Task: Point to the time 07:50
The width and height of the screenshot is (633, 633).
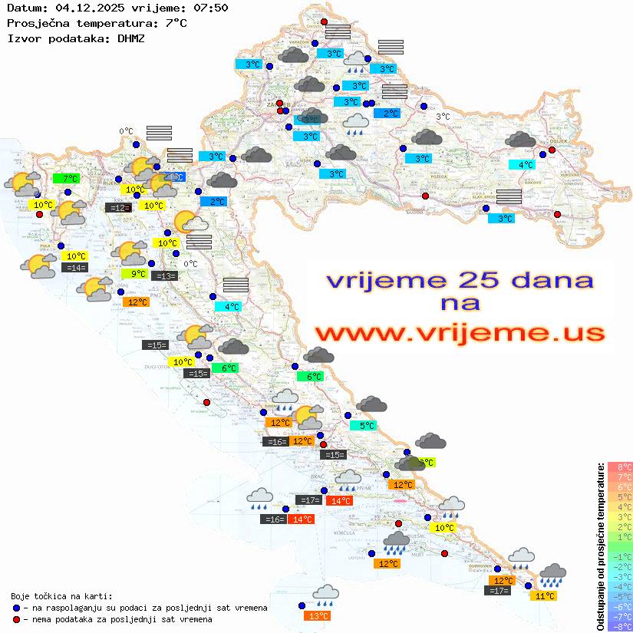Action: pyautogui.click(x=209, y=8)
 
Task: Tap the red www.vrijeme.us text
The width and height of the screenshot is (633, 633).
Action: pyautogui.click(x=460, y=332)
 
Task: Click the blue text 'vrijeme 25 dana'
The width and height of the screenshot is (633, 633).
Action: pyautogui.click(x=460, y=280)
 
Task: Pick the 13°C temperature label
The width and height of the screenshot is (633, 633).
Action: pyautogui.click(x=317, y=615)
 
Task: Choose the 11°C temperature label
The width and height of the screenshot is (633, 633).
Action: pyautogui.click(x=546, y=595)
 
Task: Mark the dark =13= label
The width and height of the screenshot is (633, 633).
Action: pyautogui.click(x=165, y=276)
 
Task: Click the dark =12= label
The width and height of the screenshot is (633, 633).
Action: pyautogui.click(x=117, y=208)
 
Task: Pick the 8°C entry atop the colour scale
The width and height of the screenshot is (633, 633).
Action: pyautogui.click(x=619, y=467)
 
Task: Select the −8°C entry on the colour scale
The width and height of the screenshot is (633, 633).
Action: pyautogui.click(x=619, y=626)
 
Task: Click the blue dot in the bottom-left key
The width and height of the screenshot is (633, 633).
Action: pyautogui.click(x=16, y=608)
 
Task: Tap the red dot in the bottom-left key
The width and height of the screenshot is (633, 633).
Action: pyautogui.click(x=16, y=619)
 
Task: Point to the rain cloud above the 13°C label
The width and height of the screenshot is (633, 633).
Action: pyautogui.click(x=325, y=593)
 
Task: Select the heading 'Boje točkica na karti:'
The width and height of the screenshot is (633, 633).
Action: pyautogui.click(x=61, y=595)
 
